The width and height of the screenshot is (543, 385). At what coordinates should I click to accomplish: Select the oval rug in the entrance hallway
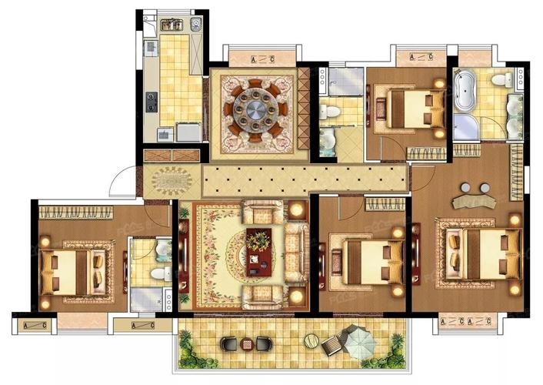[172, 181]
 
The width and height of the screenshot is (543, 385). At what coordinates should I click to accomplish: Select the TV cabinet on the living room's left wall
[183, 249]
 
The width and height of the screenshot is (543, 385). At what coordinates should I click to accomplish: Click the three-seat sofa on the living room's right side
[295, 251]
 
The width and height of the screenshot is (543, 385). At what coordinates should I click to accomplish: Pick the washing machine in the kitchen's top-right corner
[198, 25]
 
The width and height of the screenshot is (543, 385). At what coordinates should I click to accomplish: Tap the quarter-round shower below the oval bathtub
[464, 128]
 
